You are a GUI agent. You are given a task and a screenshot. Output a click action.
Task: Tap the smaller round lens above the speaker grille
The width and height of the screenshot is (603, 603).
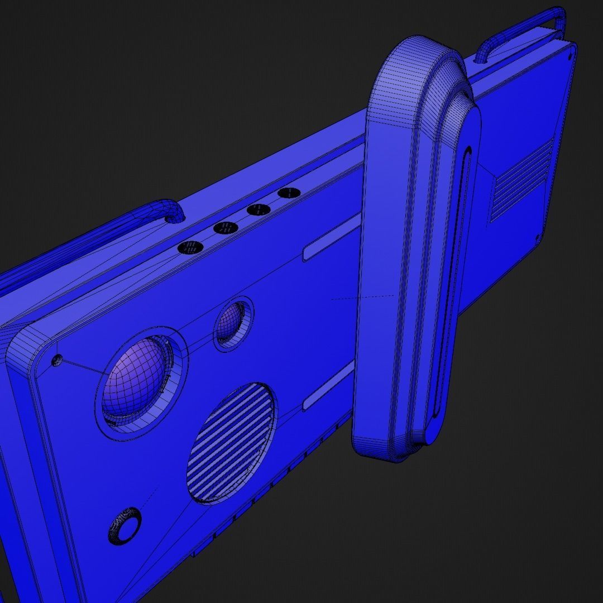[233, 323]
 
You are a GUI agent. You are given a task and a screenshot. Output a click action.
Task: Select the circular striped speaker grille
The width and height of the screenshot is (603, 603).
[232, 442]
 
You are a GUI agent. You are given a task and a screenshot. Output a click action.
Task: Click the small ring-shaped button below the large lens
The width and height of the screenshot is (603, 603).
[125, 525]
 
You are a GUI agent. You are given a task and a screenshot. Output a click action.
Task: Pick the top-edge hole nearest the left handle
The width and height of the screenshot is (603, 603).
[190, 247]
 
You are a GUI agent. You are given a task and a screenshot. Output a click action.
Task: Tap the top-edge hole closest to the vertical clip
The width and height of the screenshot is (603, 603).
[289, 193]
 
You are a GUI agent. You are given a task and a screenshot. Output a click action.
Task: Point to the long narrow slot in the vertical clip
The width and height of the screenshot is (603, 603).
[451, 279]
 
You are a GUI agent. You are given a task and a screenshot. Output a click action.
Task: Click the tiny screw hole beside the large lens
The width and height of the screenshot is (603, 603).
[56, 361]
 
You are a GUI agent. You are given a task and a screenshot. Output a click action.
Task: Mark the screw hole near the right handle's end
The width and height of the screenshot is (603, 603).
[570, 55]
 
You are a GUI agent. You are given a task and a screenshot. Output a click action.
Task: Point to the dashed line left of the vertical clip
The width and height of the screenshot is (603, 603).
[363, 297]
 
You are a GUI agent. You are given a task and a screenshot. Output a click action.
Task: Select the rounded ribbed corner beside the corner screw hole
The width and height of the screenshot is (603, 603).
[25, 346]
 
